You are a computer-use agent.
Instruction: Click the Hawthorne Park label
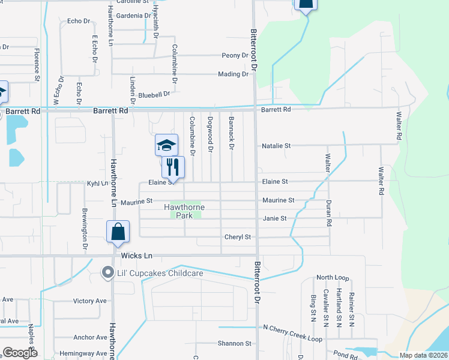184,211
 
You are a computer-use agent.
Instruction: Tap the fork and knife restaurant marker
173,167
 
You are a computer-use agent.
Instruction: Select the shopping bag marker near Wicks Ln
118,232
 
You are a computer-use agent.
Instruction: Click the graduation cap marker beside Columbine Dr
166,145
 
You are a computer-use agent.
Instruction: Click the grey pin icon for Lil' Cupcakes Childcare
108,273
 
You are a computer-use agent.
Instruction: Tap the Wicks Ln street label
137,256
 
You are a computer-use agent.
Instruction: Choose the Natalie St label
276,146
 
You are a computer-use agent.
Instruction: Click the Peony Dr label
235,55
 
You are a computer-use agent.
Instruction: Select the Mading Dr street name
233,74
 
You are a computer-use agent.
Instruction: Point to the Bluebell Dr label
154,94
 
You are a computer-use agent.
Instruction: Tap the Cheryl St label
237,237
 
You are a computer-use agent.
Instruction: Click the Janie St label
275,218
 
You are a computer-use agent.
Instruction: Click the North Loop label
333,278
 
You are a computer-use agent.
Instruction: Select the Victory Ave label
89,301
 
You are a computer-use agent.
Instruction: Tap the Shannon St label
235,344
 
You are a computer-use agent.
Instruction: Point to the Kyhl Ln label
97,184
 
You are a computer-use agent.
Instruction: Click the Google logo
20,353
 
